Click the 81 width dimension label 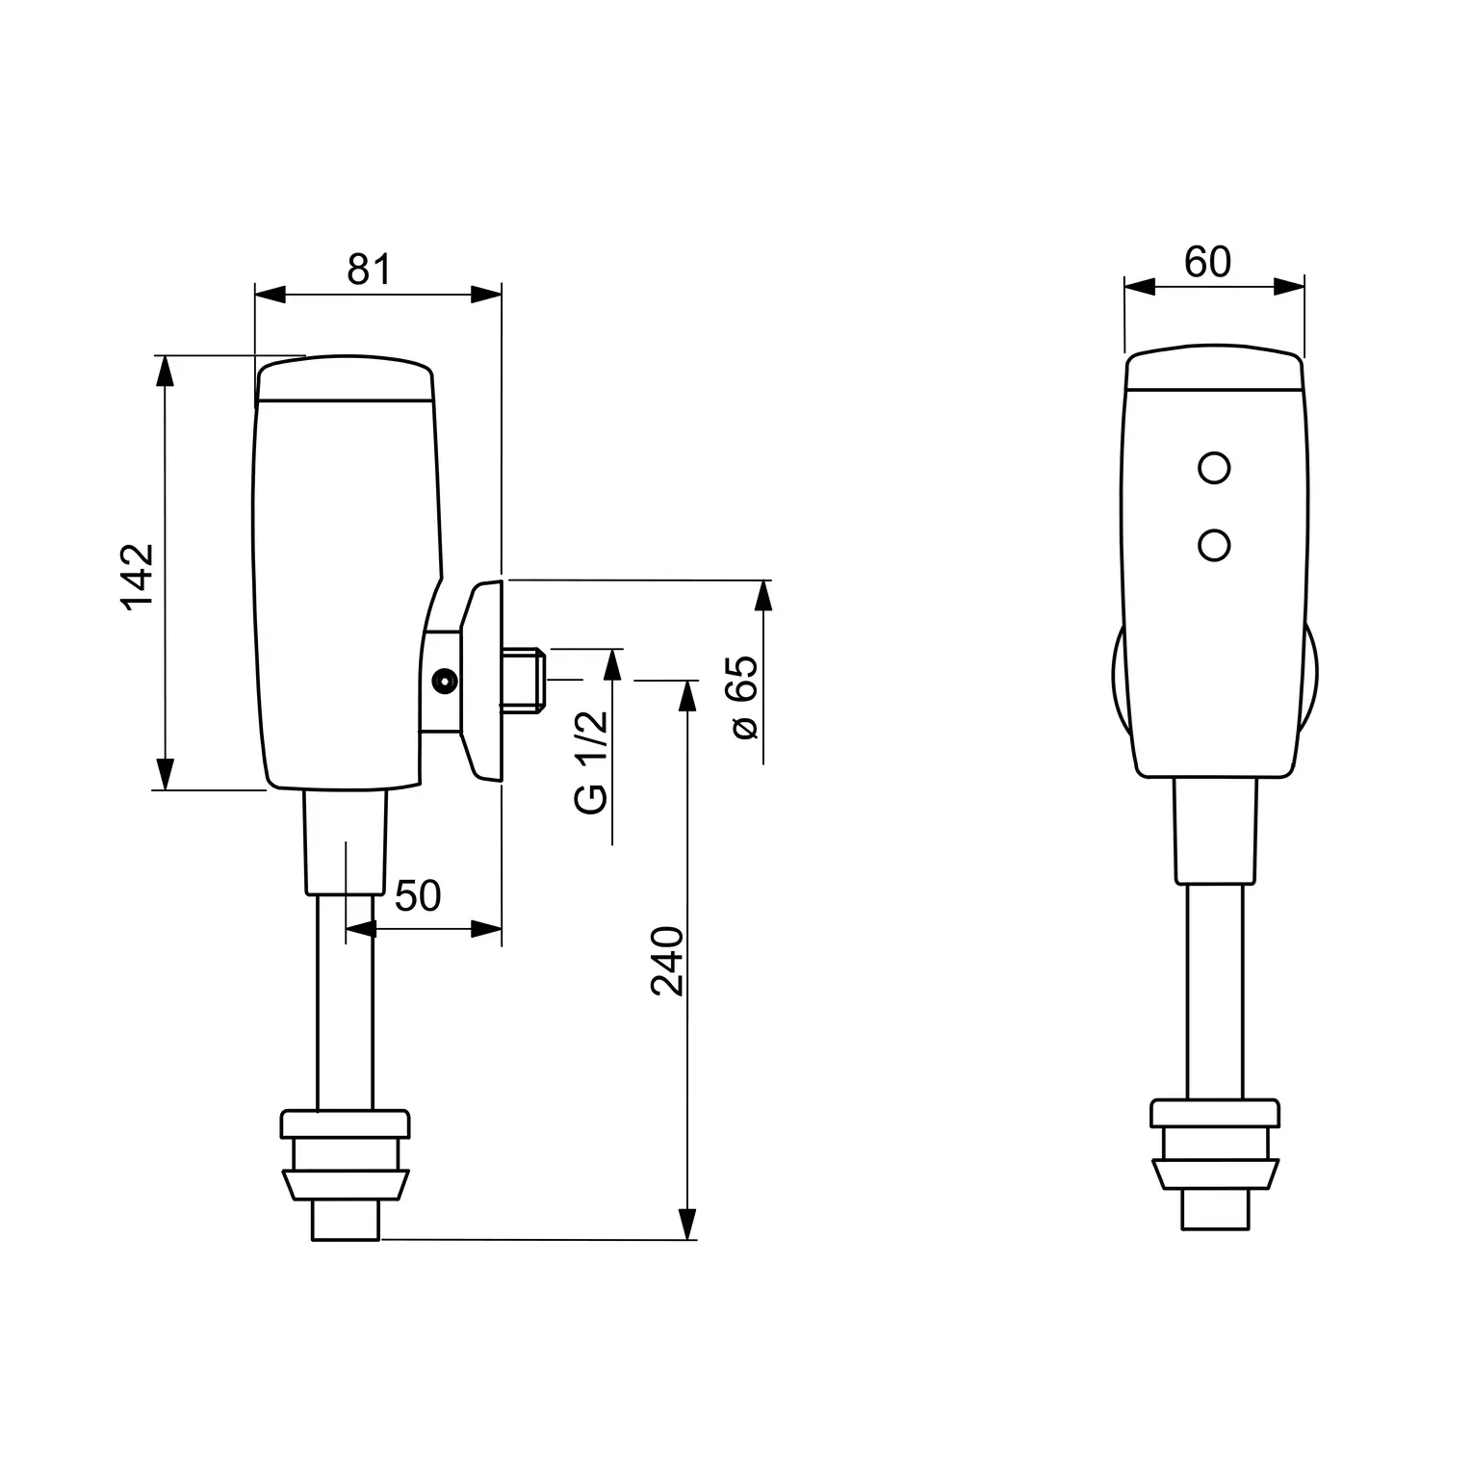click(370, 271)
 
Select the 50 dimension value click(418, 896)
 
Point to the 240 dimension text click(667, 961)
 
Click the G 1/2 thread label click(592, 762)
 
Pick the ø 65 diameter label click(745, 698)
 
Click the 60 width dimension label click(1207, 262)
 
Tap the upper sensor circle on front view click(1214, 468)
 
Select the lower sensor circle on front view click(1214, 546)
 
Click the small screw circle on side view click(444, 682)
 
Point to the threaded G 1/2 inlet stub click(524, 682)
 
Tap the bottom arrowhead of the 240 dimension click(686, 1224)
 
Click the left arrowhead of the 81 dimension click(271, 295)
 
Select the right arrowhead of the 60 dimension click(1288, 286)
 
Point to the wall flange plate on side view click(482, 680)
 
